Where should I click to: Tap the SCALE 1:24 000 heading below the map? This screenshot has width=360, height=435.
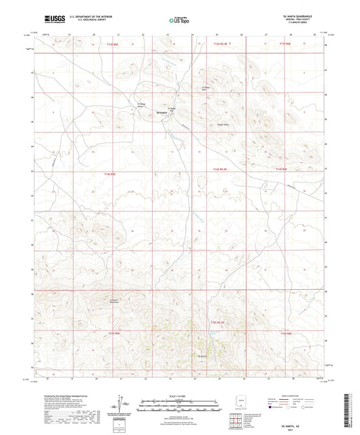[x=180, y=396]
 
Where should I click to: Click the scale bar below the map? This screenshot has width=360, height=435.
[x=180, y=402]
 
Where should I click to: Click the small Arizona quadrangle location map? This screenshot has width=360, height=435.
[x=244, y=403]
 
